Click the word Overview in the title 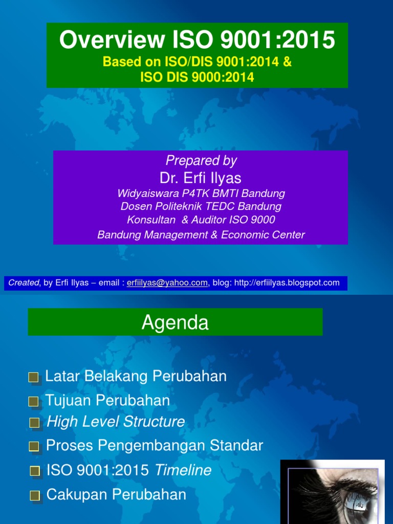point(112,39)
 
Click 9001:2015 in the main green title point(277,39)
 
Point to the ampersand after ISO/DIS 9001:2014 point(288,62)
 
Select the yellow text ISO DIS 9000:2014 point(197,77)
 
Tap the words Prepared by point(201,160)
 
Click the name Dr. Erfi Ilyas point(201,178)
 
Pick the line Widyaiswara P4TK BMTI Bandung point(201,193)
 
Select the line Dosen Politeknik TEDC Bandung point(201,206)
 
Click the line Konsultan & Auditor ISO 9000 point(201,220)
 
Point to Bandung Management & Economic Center point(201,234)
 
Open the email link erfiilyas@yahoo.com point(167,282)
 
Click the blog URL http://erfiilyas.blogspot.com point(287,282)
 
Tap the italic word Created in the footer point(24,282)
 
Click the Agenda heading point(175,322)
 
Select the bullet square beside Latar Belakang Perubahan point(34,378)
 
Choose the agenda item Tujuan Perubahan point(107,400)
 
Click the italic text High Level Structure point(116,422)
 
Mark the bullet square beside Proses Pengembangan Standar point(34,446)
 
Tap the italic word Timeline point(183,470)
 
